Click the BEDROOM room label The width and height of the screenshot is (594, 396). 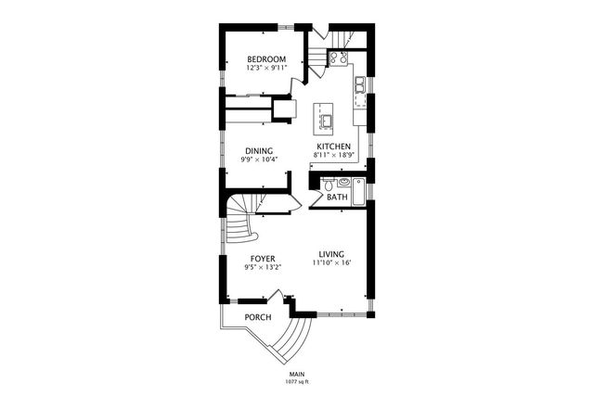click(266, 59)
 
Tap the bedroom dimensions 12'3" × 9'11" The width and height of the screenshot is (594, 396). click(266, 68)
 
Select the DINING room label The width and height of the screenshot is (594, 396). click(259, 150)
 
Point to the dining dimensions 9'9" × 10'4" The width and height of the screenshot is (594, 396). click(259, 159)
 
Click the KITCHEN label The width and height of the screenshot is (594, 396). click(333, 147)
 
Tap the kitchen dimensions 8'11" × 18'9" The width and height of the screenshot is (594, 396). click(333, 155)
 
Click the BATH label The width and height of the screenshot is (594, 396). click(337, 198)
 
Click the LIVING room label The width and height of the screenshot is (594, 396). click(331, 254)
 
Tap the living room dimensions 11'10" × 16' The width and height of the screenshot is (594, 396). click(331, 262)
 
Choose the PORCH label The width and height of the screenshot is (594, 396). click(258, 317)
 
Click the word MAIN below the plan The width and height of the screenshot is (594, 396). click(297, 374)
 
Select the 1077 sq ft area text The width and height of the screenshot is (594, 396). click(297, 381)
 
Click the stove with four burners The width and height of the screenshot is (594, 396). click(340, 58)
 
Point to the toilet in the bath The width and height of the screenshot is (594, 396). click(329, 185)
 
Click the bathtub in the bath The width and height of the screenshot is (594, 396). click(353, 185)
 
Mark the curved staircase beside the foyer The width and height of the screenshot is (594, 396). click(242, 223)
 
